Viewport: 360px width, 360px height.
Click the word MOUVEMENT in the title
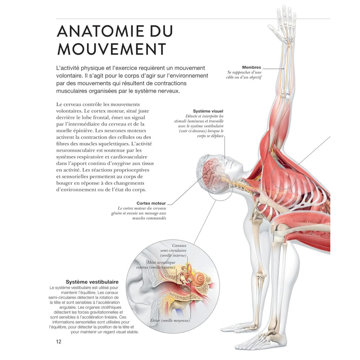click(111, 49)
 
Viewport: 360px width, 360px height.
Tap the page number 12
click(58, 341)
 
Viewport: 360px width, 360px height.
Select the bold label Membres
click(251, 67)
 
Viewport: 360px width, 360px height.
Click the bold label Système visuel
click(208, 111)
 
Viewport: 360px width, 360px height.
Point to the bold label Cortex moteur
click(151, 203)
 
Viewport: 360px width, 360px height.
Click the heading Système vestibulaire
click(92, 282)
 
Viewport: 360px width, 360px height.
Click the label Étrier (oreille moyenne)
click(170, 320)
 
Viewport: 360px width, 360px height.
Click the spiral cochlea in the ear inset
click(198, 280)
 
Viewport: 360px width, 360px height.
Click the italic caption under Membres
click(244, 75)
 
